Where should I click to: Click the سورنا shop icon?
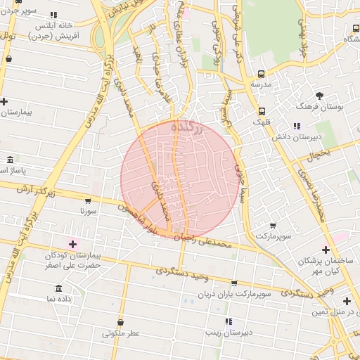point(87,200)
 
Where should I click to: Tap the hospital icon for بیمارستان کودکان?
point(73,243)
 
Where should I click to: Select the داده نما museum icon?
point(58,288)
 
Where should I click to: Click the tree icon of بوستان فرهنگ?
point(319,96)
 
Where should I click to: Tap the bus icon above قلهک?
point(262,110)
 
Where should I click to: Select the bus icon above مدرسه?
point(262,74)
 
